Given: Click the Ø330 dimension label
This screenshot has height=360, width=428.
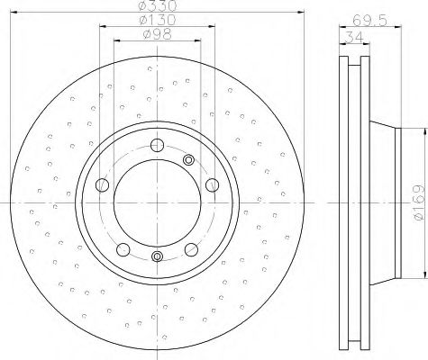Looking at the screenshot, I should click(x=158, y=8).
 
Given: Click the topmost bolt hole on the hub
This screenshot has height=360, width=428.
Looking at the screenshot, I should click(x=158, y=145).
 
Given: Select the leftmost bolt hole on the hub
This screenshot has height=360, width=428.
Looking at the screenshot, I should click(x=102, y=185).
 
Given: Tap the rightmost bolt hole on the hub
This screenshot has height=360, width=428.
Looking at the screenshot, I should click(x=213, y=184).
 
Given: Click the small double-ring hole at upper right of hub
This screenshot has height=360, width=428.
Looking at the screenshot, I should click(x=189, y=160).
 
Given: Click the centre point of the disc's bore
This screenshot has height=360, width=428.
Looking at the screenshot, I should click(x=158, y=203).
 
